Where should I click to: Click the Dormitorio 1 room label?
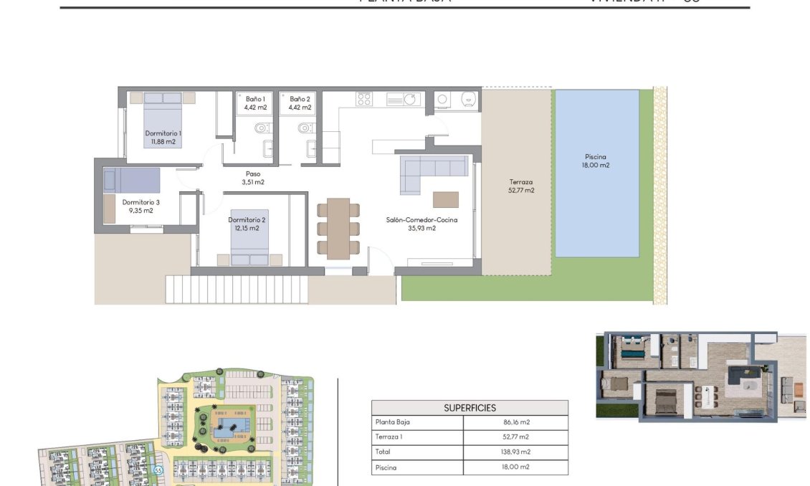tap(163, 137)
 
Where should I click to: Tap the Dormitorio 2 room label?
tap(247, 224)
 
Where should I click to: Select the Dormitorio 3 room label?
tap(140, 206)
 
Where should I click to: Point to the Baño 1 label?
tap(256, 103)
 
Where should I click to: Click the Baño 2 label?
tap(300, 103)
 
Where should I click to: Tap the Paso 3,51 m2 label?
tap(252, 178)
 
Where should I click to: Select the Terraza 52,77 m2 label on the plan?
tap(521, 186)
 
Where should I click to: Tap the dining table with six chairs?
tap(338, 229)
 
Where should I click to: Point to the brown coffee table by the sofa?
tap(445, 199)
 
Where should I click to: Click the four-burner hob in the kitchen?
tap(364, 100)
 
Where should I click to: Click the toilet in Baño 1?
tap(262, 128)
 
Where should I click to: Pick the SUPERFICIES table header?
tap(470, 408)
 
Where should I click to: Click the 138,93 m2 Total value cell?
tap(516, 452)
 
